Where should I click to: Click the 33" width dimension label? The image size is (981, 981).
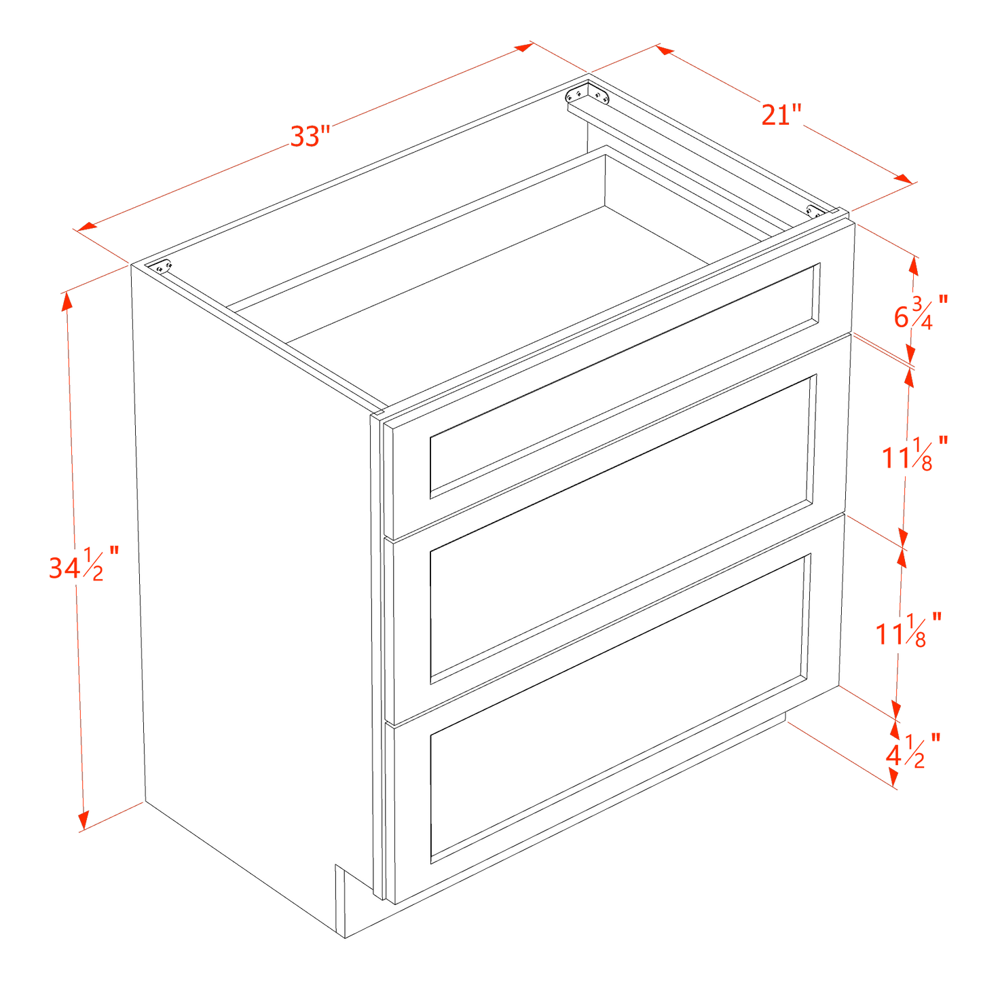pos(310,136)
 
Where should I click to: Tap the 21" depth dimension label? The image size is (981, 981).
pos(781,114)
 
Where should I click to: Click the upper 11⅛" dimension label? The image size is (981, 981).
pos(914,454)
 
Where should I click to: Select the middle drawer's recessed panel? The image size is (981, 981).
pos(621,530)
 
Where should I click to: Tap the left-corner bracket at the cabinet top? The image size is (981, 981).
pos(161,267)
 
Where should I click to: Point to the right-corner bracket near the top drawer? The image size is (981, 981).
pos(813,210)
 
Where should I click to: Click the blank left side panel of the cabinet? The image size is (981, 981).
pos(251,577)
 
